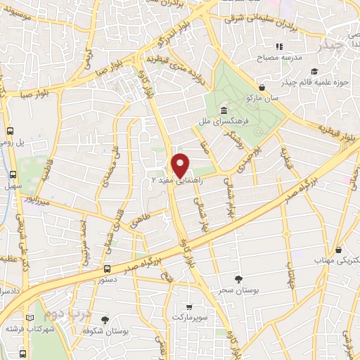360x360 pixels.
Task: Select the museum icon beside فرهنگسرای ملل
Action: click(x=224, y=111)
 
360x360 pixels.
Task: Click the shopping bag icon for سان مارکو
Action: click(x=262, y=88)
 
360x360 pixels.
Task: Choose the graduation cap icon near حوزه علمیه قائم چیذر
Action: click(x=314, y=71)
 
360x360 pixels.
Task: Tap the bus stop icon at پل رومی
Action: click(x=11, y=131)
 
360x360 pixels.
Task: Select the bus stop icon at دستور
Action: click(x=107, y=269)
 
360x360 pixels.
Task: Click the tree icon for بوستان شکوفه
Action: click(x=105, y=319)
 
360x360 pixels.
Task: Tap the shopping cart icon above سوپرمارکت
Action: click(x=189, y=307)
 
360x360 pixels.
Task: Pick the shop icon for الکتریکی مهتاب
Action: click(x=340, y=250)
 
